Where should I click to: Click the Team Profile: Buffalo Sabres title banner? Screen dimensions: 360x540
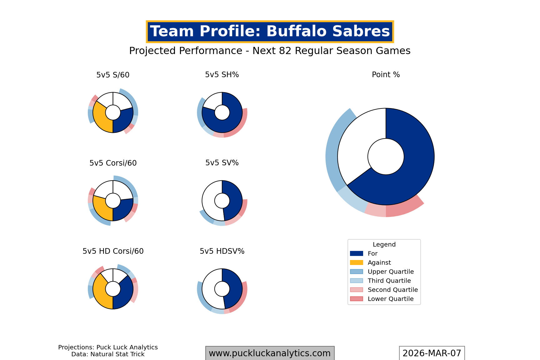coord(270,32)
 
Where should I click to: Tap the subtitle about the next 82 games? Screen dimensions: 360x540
coord(270,51)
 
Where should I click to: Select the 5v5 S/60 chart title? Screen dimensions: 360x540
coord(113,75)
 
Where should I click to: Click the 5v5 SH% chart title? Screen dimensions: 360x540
coord(222,75)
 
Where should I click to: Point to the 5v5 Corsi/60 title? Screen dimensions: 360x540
coord(113,163)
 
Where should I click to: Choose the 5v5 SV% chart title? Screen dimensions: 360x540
coord(222,163)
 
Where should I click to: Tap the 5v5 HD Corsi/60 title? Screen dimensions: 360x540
coord(113,251)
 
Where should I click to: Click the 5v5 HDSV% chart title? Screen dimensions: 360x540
coord(222,251)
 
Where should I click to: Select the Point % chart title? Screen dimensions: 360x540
coord(386,75)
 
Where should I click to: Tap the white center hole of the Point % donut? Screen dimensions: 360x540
coord(386,157)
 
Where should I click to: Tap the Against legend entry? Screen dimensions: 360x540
coord(379,263)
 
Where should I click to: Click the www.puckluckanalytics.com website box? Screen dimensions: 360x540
coord(270,353)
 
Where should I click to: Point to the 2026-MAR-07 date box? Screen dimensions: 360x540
coord(432,353)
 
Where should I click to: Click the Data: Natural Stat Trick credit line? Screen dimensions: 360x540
coord(108,354)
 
